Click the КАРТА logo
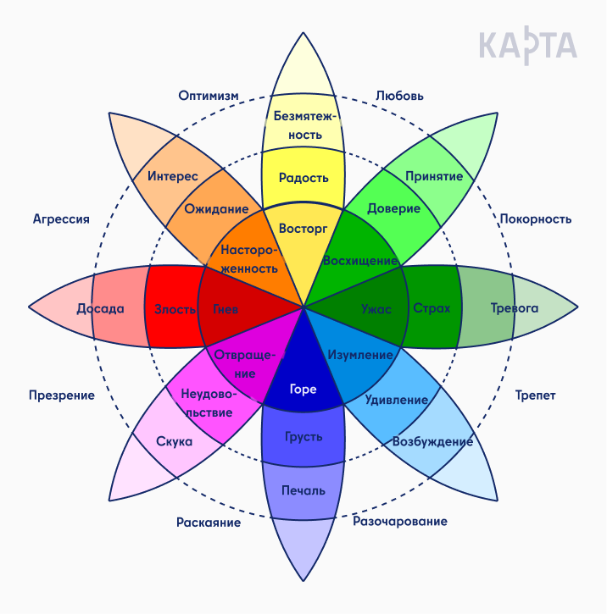tap(527, 46)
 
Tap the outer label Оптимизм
tap(209, 95)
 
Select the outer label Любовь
tap(399, 96)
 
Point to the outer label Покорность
tap(535, 218)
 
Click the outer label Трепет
tap(535, 396)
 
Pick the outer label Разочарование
tap(400, 521)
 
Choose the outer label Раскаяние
tap(209, 522)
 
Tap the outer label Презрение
tap(62, 396)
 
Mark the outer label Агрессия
tap(61, 218)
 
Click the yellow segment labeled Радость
tap(303, 178)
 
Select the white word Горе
tap(303, 389)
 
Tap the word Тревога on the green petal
tap(515, 307)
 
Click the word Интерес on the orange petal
tap(172, 176)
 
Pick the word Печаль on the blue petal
tap(303, 490)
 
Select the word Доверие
tap(393, 208)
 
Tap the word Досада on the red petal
tap(100, 308)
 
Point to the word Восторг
tap(303, 229)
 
